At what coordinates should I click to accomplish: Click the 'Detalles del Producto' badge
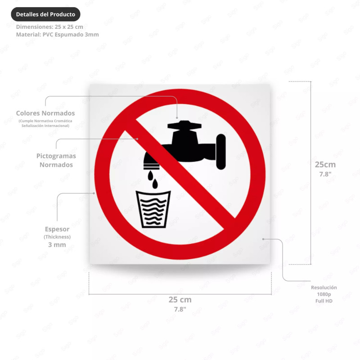tap(45, 14)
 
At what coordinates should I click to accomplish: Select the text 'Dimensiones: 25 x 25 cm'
tap(49, 27)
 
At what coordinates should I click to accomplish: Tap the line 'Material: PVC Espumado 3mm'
tap(57, 35)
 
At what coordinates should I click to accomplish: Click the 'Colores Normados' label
tap(45, 113)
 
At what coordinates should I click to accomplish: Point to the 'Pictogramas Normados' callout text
tap(56, 160)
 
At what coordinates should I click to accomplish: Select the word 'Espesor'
tap(57, 229)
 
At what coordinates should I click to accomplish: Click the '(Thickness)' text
tap(57, 237)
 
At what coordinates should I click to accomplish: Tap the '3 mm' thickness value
tap(57, 245)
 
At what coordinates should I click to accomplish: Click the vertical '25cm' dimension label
tap(325, 164)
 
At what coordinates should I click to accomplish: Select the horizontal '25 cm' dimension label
tap(180, 300)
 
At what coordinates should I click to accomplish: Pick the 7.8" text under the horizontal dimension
tap(180, 309)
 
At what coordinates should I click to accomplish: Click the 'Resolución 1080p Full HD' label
tap(324, 294)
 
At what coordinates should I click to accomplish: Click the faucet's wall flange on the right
tap(220, 152)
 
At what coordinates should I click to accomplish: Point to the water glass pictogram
tap(153, 209)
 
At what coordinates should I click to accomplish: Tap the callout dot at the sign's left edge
tap(94, 193)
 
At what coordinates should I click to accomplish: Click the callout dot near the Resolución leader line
tap(264, 238)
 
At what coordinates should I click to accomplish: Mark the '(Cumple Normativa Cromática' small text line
tap(45, 121)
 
